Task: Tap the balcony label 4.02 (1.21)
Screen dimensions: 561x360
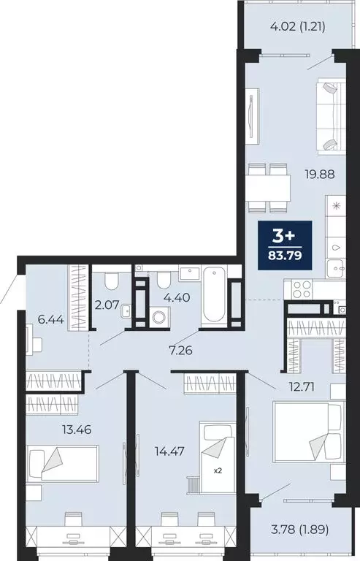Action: [x=297, y=28]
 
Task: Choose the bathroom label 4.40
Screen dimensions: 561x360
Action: [x=178, y=297]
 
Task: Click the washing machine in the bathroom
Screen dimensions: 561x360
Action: [x=158, y=318]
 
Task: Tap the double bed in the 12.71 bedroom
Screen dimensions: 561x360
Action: [x=308, y=432]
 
